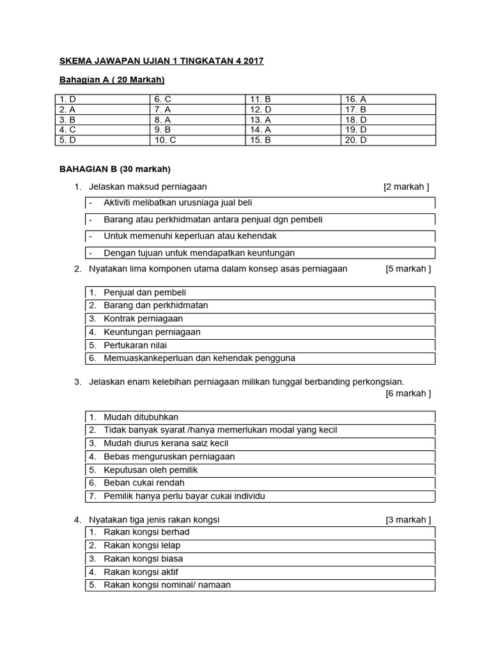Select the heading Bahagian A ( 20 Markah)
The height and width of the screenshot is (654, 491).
(112, 80)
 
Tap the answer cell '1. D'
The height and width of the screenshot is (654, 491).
(67, 99)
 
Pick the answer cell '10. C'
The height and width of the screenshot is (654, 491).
(165, 140)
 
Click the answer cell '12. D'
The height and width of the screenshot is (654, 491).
(260, 109)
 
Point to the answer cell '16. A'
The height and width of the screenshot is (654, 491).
(355, 99)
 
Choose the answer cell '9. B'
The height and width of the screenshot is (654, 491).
(162, 130)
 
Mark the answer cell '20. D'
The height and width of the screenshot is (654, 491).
(355, 140)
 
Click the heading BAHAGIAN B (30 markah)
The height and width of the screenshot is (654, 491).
(115, 169)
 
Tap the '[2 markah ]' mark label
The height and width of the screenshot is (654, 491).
(406, 186)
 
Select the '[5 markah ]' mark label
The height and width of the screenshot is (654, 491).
(408, 269)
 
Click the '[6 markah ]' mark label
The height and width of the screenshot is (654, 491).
(408, 393)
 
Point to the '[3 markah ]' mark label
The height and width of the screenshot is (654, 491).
(408, 520)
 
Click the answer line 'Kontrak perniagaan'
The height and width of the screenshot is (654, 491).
(143, 319)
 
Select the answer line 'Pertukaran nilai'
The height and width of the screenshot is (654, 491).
(135, 345)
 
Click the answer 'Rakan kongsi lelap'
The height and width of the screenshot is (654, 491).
(142, 545)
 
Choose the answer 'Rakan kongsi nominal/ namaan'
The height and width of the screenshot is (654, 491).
(167, 585)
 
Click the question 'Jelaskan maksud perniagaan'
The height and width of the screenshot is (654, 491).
(148, 186)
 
